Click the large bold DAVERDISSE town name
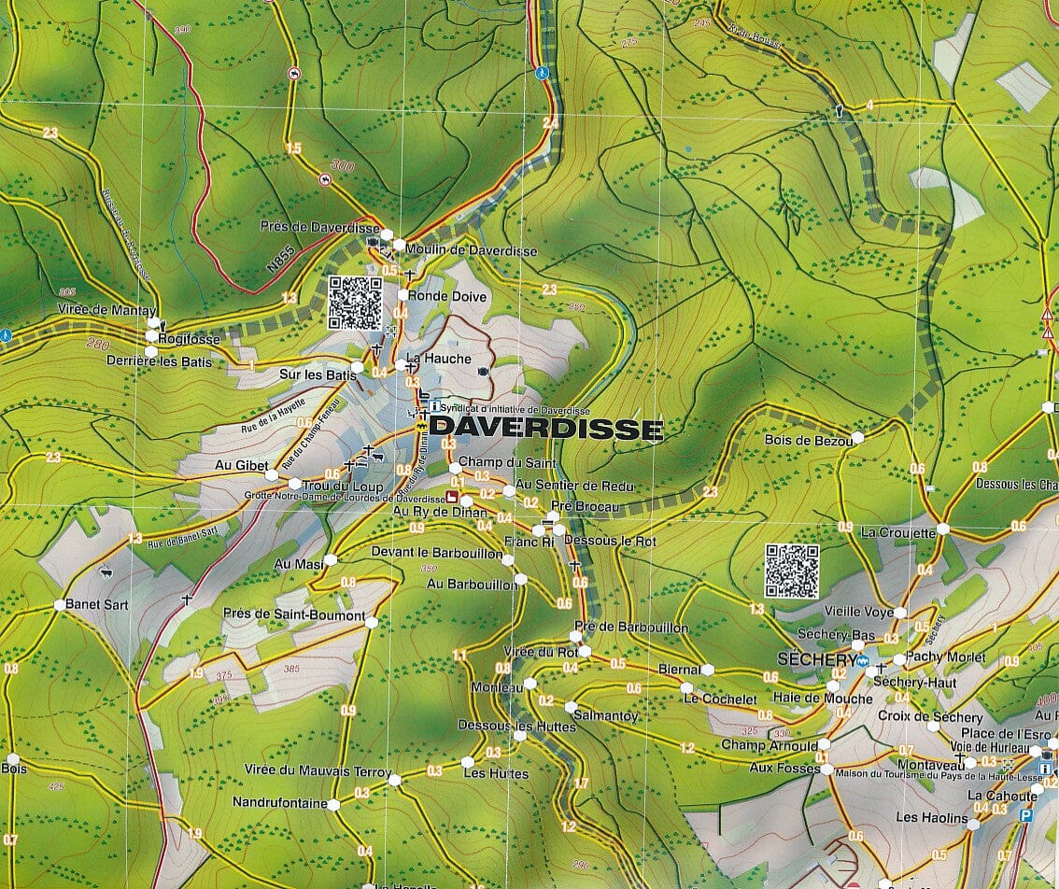click(x=546, y=429)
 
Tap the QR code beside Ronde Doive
click(x=355, y=303)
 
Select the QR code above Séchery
click(x=792, y=571)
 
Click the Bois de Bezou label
click(x=807, y=440)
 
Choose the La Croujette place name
click(x=897, y=533)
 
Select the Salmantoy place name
click(x=607, y=716)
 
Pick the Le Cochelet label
click(x=720, y=698)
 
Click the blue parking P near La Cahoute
click(x=1026, y=816)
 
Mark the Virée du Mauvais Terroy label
click(x=317, y=771)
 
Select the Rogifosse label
click(x=190, y=339)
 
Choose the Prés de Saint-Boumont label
click(x=294, y=615)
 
